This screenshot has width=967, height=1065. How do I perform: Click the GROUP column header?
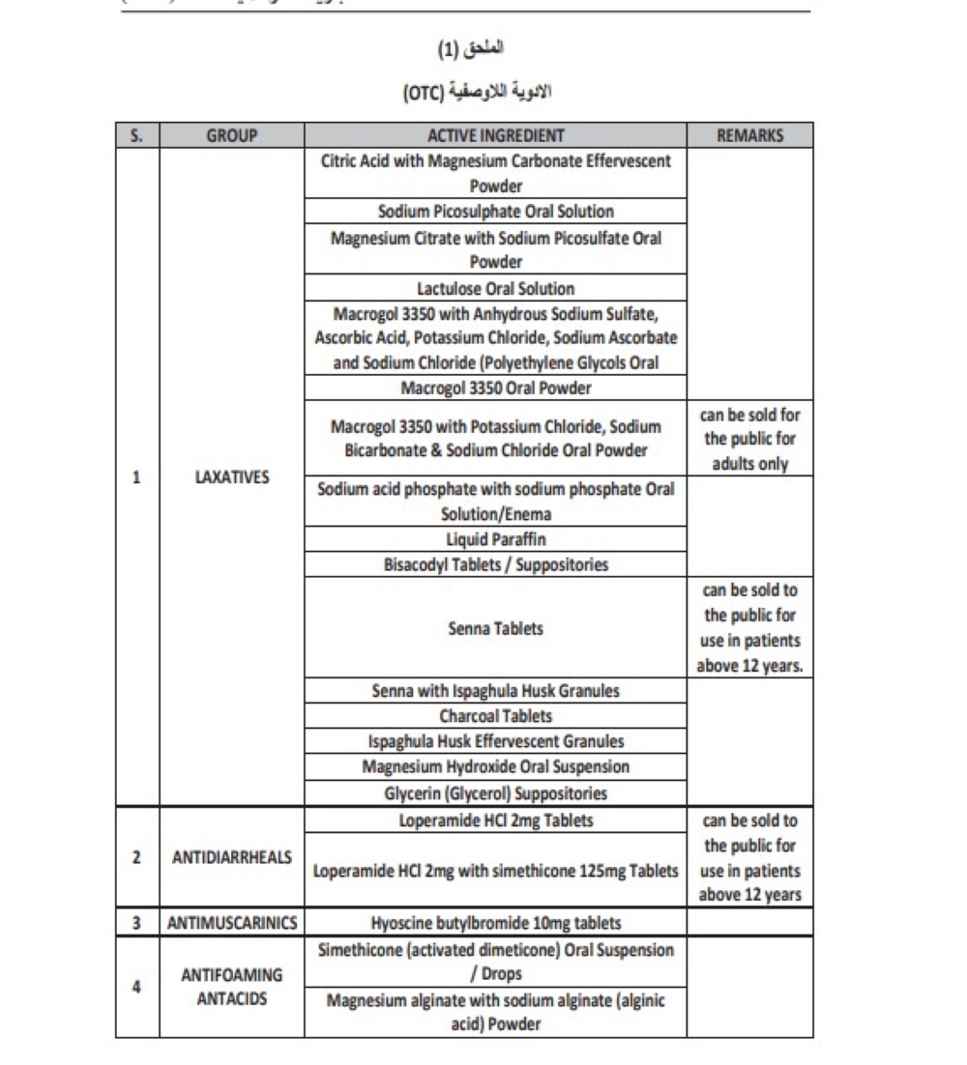[232, 136]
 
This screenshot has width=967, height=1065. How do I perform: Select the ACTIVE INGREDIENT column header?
[495, 136]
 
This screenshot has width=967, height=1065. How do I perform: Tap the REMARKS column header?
[749, 136]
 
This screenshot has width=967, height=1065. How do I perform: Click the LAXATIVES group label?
[232, 476]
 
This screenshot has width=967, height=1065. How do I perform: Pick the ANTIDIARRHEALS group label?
[232, 857]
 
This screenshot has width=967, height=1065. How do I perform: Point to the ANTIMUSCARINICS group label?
[232, 922]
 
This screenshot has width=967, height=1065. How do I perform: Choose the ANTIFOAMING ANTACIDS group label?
[232, 987]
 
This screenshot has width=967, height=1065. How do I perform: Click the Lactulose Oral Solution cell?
[495, 288]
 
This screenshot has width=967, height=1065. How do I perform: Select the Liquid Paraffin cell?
[495, 539]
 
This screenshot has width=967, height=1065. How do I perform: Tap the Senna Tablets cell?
[495, 628]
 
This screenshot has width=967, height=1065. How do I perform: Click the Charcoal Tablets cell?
[495, 716]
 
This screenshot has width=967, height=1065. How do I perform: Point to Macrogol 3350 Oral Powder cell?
[495, 389]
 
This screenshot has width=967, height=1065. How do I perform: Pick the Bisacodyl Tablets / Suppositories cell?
[495, 565]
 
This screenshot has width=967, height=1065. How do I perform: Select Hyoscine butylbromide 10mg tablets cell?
[495, 922]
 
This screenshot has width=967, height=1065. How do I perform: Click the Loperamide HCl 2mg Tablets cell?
[495, 820]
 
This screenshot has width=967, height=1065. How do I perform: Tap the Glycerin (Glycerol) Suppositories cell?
[495, 793]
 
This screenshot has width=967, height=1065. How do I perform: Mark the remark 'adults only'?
[749, 464]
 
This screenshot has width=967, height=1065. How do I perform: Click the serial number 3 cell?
[137, 922]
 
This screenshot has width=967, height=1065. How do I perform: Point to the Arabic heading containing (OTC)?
[482, 94]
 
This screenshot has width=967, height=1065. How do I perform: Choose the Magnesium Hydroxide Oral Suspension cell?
[495, 766]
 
